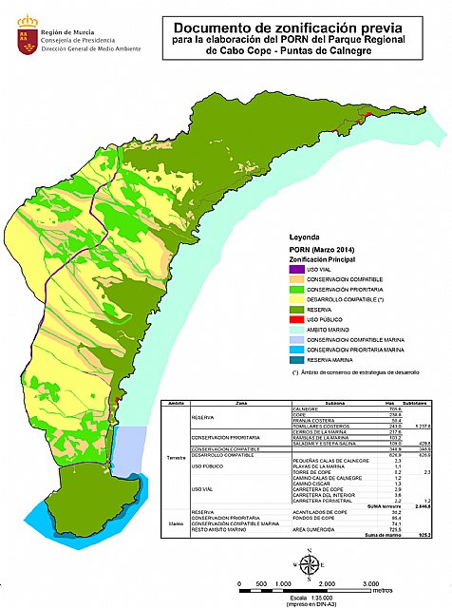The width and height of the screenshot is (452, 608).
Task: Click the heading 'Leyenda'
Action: (294, 241)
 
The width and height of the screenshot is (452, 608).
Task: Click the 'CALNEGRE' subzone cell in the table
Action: (306, 408)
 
